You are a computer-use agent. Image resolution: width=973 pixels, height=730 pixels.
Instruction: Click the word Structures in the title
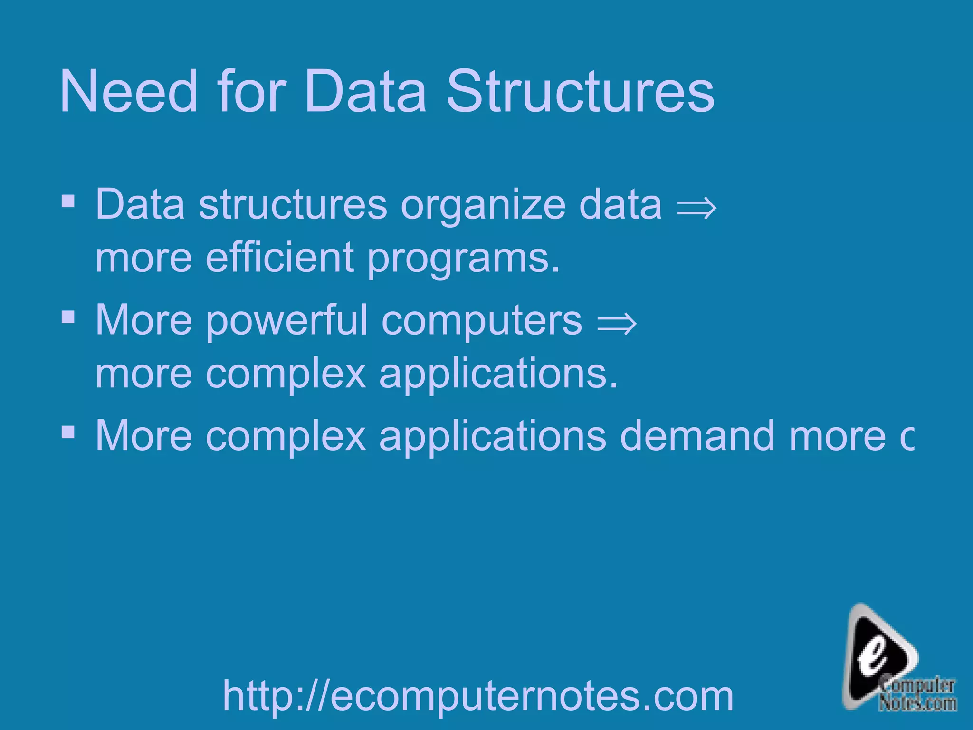tap(580, 91)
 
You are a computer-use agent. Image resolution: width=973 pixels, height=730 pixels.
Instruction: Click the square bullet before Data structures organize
tap(68, 202)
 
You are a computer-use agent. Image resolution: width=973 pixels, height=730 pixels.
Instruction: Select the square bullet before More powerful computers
tap(68, 317)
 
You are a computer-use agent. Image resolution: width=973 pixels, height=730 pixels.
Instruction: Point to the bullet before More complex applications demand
tap(68, 432)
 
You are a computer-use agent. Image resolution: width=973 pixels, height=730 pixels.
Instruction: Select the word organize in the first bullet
tap(483, 205)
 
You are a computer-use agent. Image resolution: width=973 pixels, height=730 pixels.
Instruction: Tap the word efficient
tap(280, 257)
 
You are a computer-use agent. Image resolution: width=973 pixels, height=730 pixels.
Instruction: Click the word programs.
tap(463, 259)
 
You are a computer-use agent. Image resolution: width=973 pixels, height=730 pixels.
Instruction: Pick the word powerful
tap(286, 321)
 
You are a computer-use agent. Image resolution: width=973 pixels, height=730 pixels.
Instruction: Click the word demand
tap(697, 435)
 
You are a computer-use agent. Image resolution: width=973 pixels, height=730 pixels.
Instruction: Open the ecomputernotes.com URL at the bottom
tap(478, 696)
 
